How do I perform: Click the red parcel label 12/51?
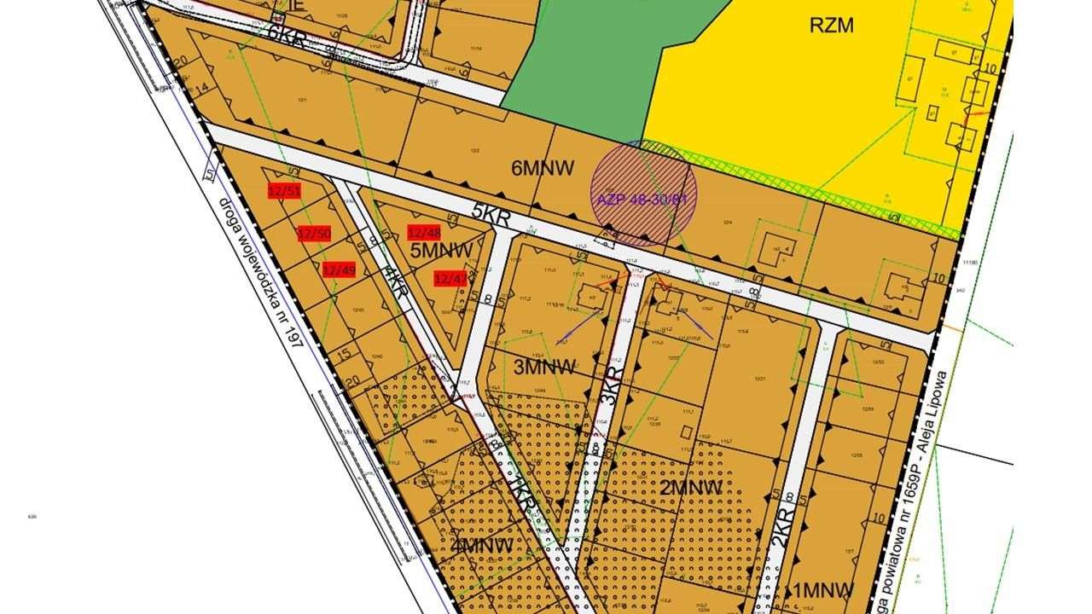(284, 191)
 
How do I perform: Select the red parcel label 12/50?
(314, 234)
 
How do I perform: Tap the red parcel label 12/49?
(339, 270)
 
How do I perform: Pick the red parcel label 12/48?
(424, 233)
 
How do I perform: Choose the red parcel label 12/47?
(450, 278)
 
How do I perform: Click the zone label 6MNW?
(543, 168)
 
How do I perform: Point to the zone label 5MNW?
(441, 251)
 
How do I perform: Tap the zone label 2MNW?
(691, 487)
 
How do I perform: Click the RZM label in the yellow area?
(831, 25)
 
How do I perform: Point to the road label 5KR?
(491, 212)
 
